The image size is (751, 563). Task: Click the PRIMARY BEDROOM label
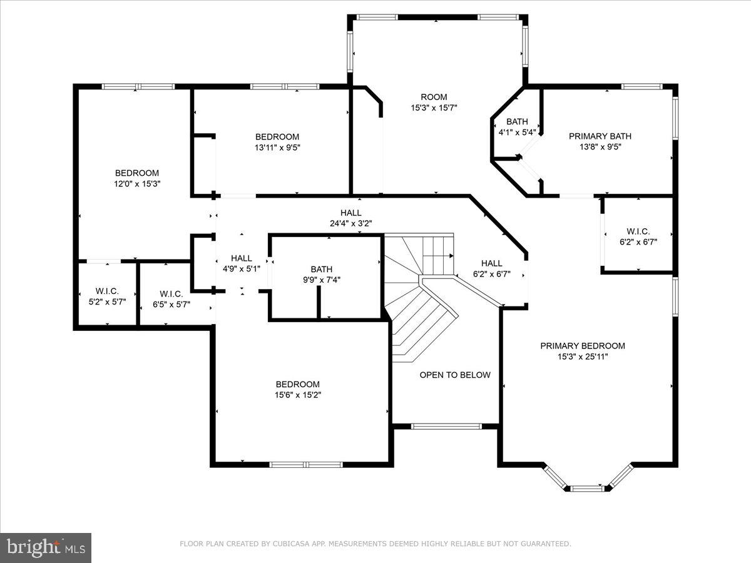(583, 346)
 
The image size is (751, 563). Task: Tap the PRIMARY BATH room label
(600, 136)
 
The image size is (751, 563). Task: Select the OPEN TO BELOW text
(455, 375)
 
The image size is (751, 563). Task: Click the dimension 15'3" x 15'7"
(434, 108)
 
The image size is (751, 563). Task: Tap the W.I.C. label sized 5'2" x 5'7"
(107, 292)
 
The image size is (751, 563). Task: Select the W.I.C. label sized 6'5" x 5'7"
(171, 294)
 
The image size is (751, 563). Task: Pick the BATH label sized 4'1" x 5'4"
(517, 121)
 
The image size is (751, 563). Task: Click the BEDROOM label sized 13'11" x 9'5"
(277, 137)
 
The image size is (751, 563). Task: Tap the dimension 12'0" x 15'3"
(137, 184)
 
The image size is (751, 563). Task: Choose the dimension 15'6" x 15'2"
(298, 395)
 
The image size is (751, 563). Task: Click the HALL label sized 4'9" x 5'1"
(242, 258)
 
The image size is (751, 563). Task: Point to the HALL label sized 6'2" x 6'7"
(491, 263)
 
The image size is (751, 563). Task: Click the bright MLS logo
(46, 547)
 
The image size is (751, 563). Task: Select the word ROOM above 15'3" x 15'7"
(434, 97)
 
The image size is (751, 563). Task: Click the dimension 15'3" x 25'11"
(583, 357)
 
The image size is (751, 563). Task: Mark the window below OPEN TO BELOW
(446, 427)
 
